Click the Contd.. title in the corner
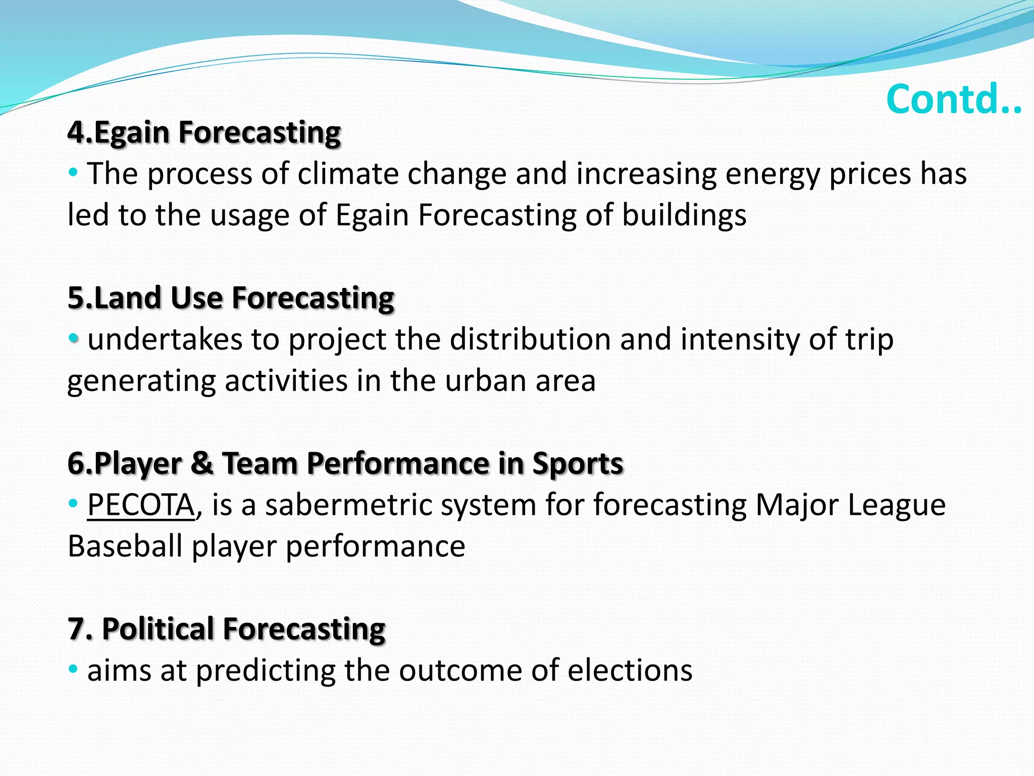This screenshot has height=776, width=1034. pyautogui.click(x=954, y=100)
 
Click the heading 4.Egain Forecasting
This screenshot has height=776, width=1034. pyautogui.click(x=204, y=133)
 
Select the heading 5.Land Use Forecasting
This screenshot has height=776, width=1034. pyautogui.click(x=231, y=298)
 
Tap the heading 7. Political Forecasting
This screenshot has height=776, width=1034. pyautogui.click(x=227, y=629)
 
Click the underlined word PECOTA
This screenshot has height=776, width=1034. pyautogui.click(x=141, y=505)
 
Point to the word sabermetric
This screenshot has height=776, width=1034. pyautogui.click(x=349, y=505)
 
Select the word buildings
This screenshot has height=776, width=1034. pyautogui.click(x=684, y=215)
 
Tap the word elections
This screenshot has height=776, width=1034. pyautogui.click(x=630, y=670)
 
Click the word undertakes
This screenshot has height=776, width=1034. pyautogui.click(x=165, y=339)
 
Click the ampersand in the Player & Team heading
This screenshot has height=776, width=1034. pyautogui.click(x=202, y=463)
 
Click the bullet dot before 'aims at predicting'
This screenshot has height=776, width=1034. pyautogui.click(x=73, y=670)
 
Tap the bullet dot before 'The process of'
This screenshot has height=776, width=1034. pyautogui.click(x=73, y=173)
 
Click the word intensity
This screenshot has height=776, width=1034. pyautogui.click(x=740, y=339)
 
